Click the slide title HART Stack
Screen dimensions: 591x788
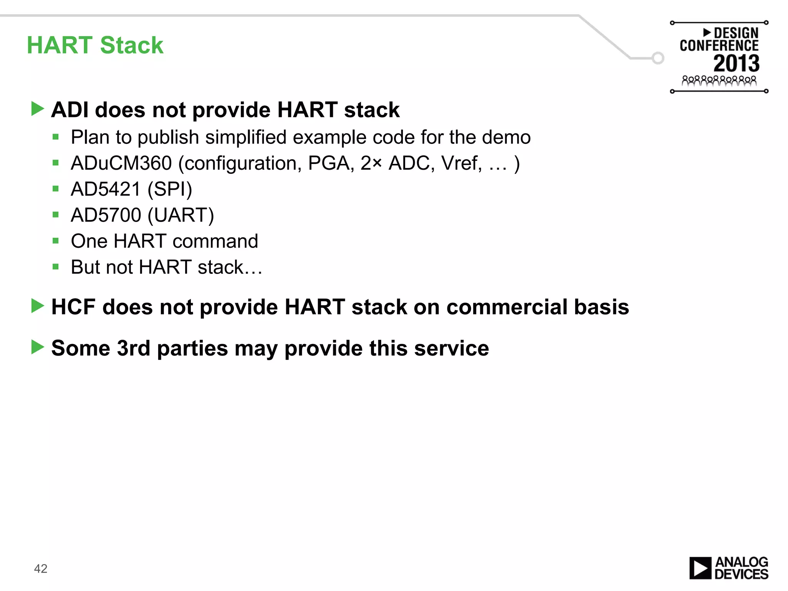(95, 45)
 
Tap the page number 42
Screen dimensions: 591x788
(40, 568)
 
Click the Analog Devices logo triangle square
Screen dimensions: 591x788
(700, 568)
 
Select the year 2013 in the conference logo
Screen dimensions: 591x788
(736, 63)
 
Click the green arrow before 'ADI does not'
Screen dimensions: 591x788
(38, 109)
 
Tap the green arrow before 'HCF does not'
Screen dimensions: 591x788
(38, 306)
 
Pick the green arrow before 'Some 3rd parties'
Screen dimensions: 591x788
(38, 347)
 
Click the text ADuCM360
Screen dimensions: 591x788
(121, 163)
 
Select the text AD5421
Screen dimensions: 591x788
(106, 189)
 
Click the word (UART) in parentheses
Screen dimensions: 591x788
(181, 215)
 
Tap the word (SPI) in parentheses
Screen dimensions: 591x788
(170, 189)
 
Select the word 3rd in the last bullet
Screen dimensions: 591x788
(133, 348)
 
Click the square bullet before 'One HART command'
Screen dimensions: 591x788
(56, 241)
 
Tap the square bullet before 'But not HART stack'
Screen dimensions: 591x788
(56, 267)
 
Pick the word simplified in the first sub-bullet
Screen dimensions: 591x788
(246, 137)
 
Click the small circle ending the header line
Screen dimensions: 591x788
(658, 58)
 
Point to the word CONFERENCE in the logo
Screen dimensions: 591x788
(719, 46)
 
